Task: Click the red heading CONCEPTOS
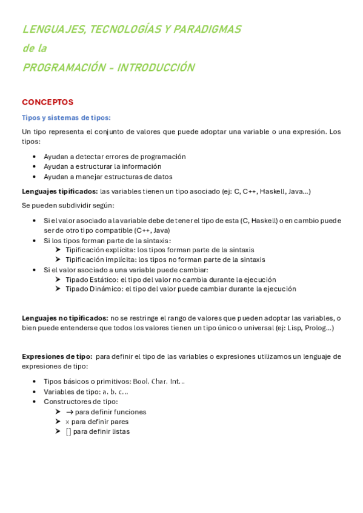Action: tap(47, 102)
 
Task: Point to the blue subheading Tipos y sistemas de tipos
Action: tap(66, 117)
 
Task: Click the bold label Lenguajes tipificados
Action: tap(59, 191)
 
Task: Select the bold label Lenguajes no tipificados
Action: tap(65, 318)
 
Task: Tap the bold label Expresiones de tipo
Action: tap(57, 356)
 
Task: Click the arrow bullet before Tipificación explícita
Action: tap(58, 249)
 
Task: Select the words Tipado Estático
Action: tap(92, 279)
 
